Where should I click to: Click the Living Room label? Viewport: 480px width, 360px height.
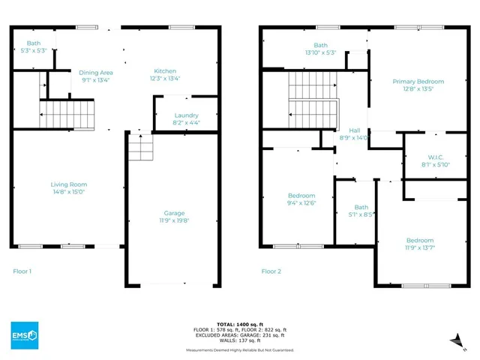click(x=69, y=184)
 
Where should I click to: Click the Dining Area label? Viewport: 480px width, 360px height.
click(x=95, y=72)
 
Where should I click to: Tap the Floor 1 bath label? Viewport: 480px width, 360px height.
click(x=34, y=43)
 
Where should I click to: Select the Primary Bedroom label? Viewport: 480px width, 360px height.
click(x=418, y=81)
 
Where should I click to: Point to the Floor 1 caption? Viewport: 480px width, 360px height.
click(x=22, y=271)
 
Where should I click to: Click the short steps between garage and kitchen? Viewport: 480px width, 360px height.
click(x=139, y=147)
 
